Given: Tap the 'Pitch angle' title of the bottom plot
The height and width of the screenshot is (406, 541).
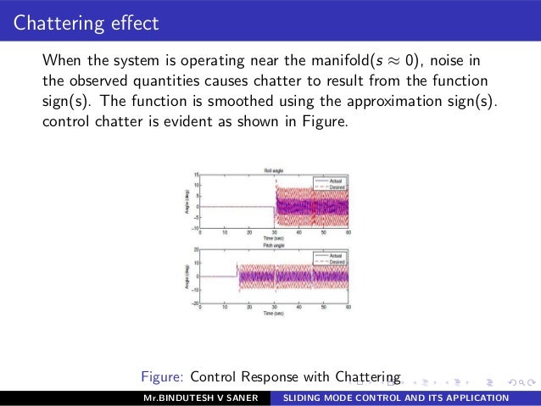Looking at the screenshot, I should click(274, 244).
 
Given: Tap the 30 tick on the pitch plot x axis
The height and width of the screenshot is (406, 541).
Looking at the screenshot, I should click(275, 307).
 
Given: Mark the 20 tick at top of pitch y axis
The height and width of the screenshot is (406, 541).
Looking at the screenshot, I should click(197, 250).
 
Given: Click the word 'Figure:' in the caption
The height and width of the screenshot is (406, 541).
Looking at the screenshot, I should click(164, 375).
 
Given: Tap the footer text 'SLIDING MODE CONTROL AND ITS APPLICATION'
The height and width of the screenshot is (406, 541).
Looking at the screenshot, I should click(395, 398).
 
